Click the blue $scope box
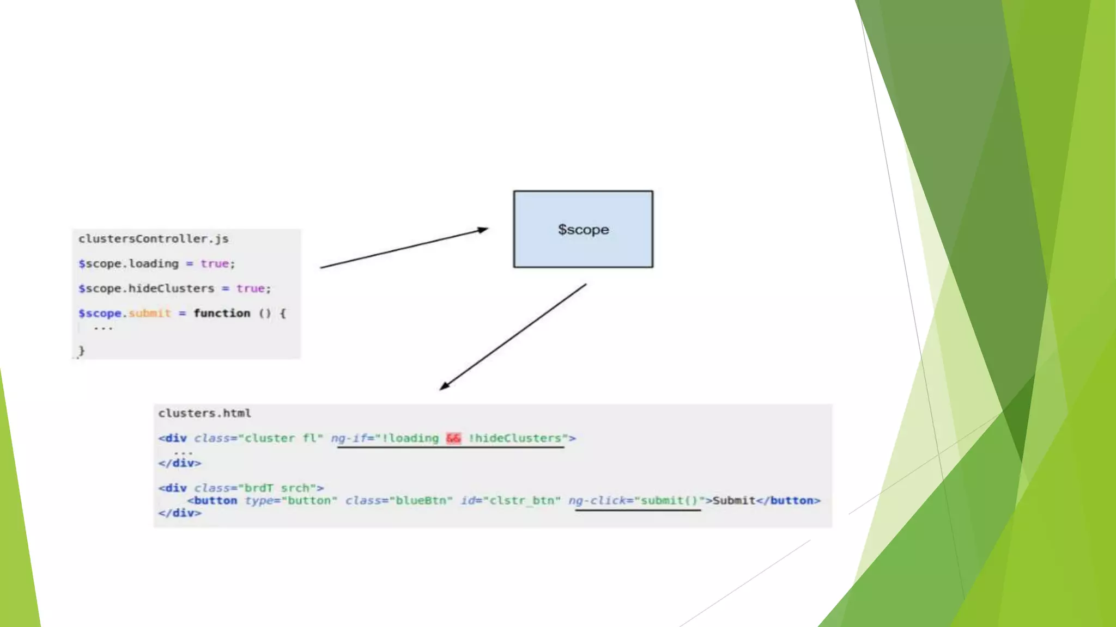tap(583, 229)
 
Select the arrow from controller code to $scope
tap(404, 248)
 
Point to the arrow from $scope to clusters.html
tap(513, 337)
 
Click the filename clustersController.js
tap(153, 239)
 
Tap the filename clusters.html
tap(204, 413)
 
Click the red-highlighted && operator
tap(453, 438)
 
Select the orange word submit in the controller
tap(150, 313)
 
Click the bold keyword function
tap(222, 313)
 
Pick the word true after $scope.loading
tap(215, 264)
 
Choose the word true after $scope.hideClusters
tap(251, 288)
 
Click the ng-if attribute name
tap(349, 438)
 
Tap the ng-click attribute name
tap(597, 501)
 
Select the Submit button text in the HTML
tap(733, 501)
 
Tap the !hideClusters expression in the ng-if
tap(515, 438)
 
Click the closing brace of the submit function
tap(82, 351)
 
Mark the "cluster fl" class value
tap(280, 438)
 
